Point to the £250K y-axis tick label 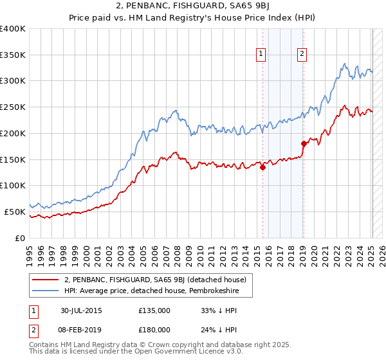click(x=12, y=107)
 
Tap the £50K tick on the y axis click(x=15, y=211)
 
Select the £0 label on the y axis click(x=20, y=237)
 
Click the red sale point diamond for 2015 click(x=262, y=167)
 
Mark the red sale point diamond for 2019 click(x=303, y=143)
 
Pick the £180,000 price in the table click(x=154, y=330)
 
